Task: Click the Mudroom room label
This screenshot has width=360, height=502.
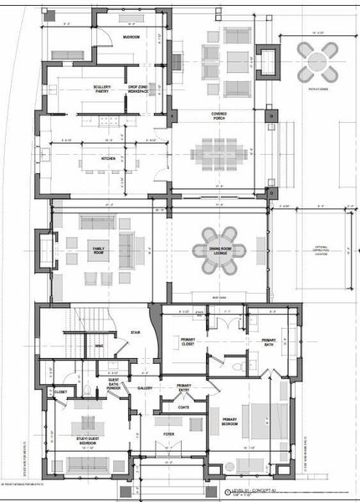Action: point(131,38)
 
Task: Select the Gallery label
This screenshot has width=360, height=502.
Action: point(144,387)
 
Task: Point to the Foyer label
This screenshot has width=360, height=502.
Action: point(168,435)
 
